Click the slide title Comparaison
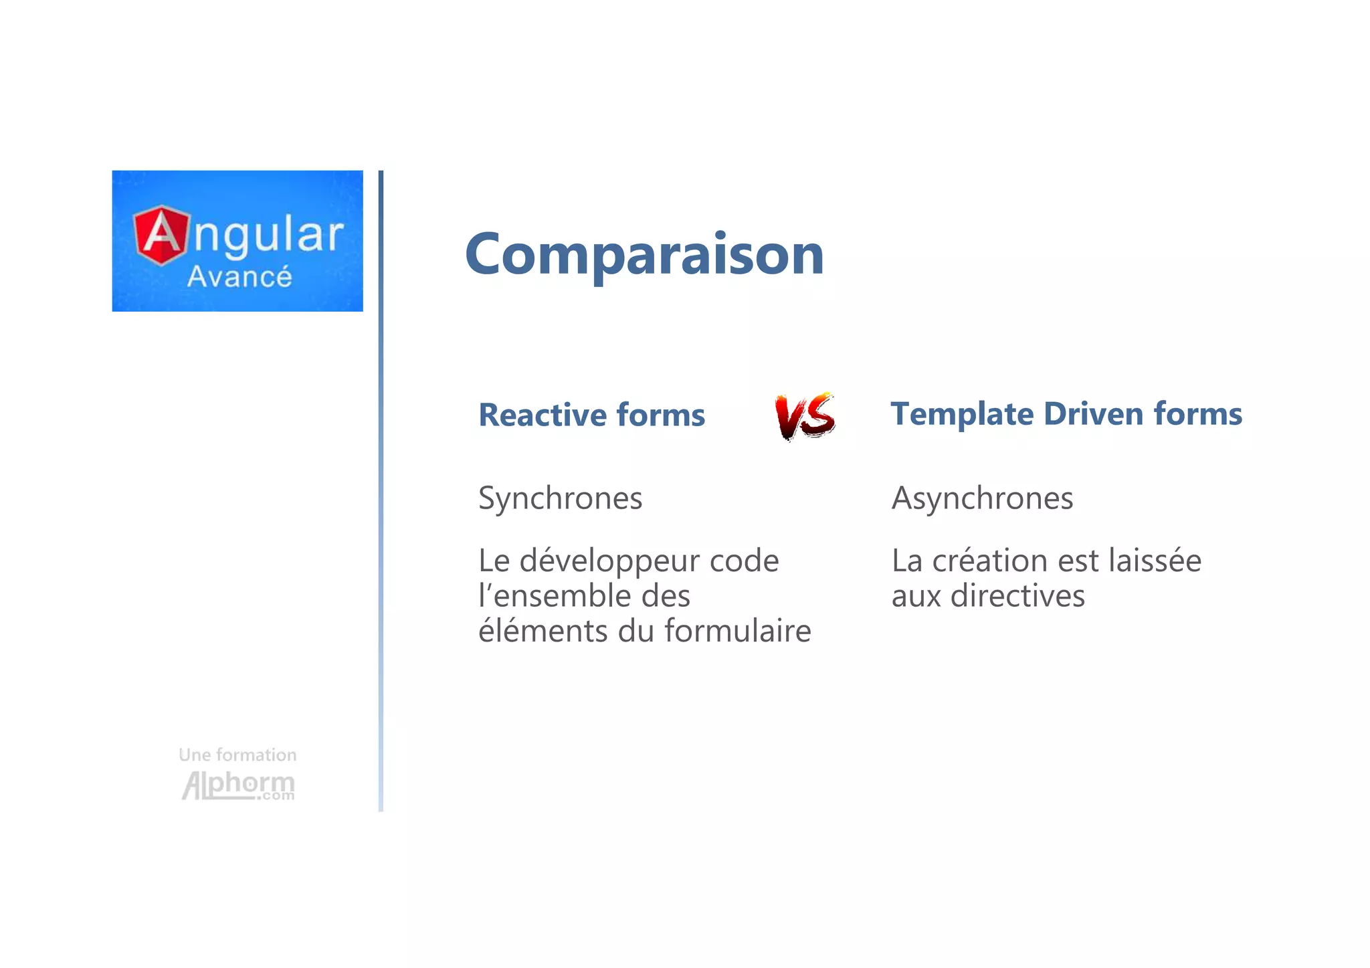click(644, 254)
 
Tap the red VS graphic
click(805, 416)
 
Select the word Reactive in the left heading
click(543, 415)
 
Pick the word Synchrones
click(560, 498)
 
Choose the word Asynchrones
click(982, 498)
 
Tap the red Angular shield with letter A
click(161, 235)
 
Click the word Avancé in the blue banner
click(239, 277)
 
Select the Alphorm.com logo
click(238, 785)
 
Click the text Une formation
click(237, 755)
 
